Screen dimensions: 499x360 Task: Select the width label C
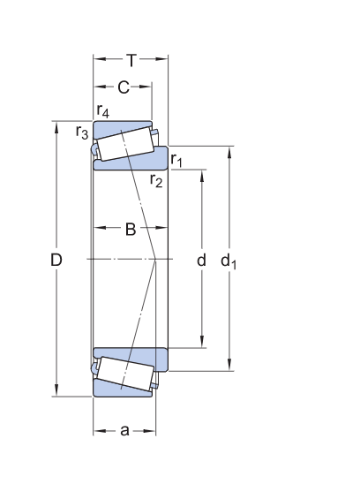coord(124,87)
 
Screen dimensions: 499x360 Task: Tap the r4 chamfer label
coord(103,112)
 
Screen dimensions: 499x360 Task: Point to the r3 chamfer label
coord(82,132)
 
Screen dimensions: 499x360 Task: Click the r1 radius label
coord(176,161)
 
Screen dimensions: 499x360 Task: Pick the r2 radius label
coord(156,181)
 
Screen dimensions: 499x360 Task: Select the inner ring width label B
coord(130,230)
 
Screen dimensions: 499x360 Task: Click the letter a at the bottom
coord(124,431)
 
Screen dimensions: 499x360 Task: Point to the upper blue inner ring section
coord(132,163)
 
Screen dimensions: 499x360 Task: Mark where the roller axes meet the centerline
coord(155,259)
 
